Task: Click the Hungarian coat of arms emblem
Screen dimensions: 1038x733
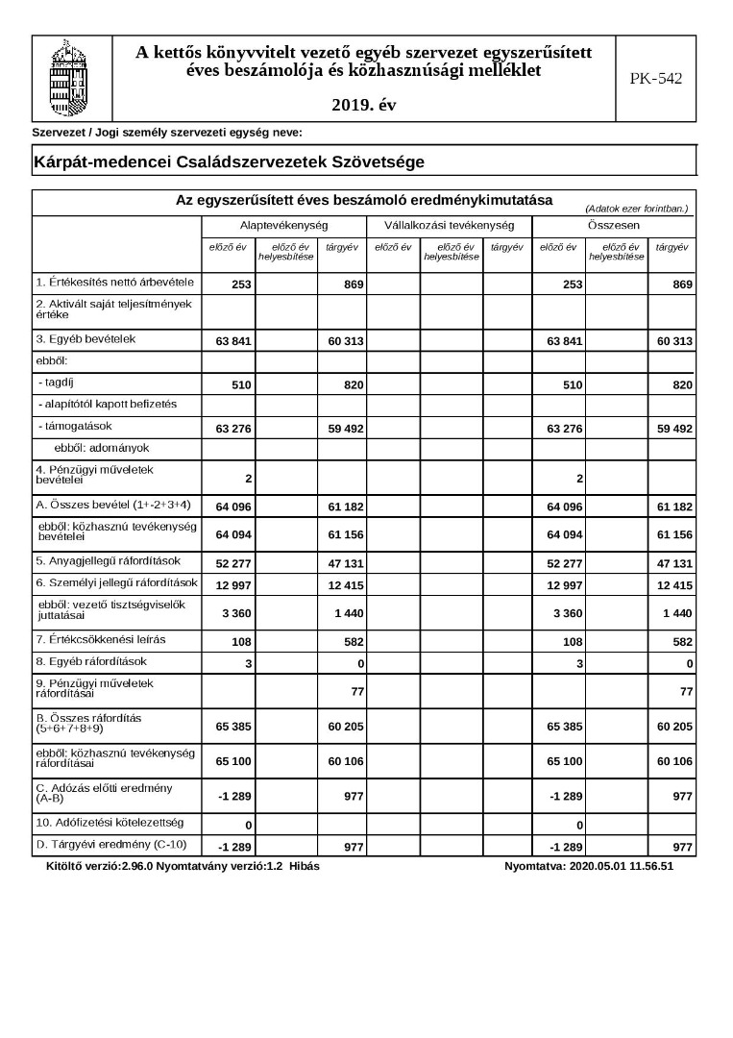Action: click(x=72, y=78)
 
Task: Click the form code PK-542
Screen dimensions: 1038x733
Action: click(x=656, y=79)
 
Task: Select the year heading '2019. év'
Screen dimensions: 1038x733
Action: click(x=363, y=105)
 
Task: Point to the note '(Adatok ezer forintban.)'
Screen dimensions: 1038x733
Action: click(x=636, y=208)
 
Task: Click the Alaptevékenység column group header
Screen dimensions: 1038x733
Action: click(x=283, y=225)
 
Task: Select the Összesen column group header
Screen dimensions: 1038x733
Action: click(x=615, y=225)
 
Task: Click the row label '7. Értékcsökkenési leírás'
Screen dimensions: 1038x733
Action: click(x=87, y=639)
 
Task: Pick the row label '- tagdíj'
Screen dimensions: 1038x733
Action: click(x=61, y=383)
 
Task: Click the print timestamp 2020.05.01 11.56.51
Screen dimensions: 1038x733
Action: click(x=622, y=866)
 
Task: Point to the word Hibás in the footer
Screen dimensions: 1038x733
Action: click(x=304, y=866)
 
